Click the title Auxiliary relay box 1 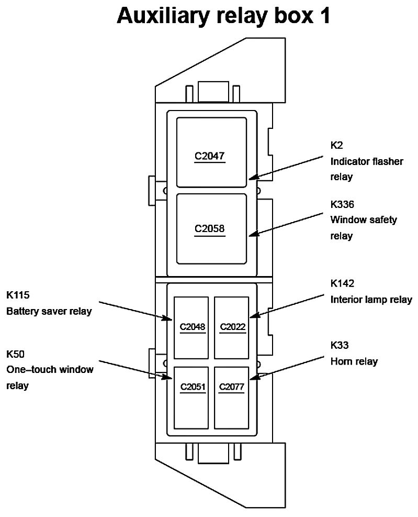coord(223,16)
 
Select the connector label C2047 coord(210,156)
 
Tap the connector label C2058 coord(210,228)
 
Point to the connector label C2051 coord(192,388)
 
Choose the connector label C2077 coord(232,388)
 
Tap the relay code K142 coord(342,284)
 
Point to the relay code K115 coord(18,295)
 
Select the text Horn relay coord(354,361)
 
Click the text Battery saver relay coord(49,311)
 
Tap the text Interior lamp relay coord(371,300)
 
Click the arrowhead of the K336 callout coord(251,235)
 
